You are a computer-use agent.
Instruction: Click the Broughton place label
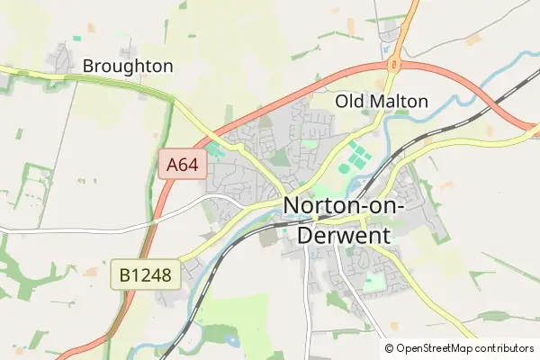tap(127, 66)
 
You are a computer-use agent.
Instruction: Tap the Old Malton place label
tap(382, 101)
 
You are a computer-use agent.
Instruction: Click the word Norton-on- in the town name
tap(345, 206)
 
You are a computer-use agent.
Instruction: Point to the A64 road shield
tap(183, 165)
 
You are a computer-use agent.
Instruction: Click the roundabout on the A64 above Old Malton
tap(393, 64)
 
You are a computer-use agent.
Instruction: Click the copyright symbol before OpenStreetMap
tap(390, 348)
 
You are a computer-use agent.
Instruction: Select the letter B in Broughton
tap(87, 66)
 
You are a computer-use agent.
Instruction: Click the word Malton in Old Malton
tap(397, 101)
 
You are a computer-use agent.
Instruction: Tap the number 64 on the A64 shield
tap(191, 165)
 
